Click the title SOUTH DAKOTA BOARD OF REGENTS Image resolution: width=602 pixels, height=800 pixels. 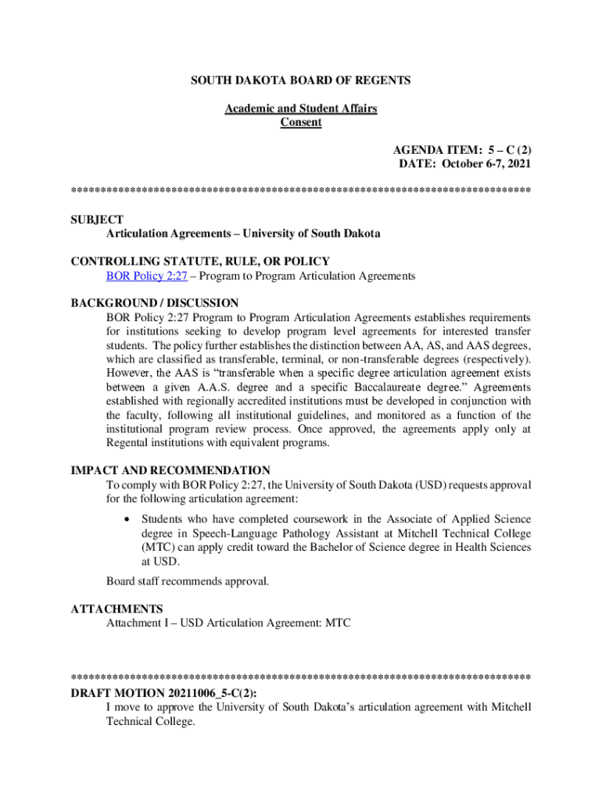(x=301, y=80)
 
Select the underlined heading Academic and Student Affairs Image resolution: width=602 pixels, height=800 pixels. (x=301, y=109)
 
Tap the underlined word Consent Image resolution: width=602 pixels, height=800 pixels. (x=301, y=122)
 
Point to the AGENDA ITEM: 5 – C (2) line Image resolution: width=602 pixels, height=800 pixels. (x=463, y=149)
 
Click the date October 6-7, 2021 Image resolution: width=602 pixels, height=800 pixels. (x=486, y=163)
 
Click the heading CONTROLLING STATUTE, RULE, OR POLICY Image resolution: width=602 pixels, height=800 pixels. (x=200, y=261)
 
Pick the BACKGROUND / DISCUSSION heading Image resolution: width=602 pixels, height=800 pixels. (x=155, y=303)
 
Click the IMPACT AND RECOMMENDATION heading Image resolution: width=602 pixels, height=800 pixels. (x=170, y=471)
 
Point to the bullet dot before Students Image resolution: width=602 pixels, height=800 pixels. (x=126, y=520)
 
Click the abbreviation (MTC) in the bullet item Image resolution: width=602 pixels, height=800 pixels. (x=157, y=547)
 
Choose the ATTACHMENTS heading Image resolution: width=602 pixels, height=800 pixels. (x=116, y=609)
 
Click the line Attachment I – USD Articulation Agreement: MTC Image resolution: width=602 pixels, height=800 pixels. (x=229, y=623)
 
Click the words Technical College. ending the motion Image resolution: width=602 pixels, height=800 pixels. (x=150, y=721)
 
